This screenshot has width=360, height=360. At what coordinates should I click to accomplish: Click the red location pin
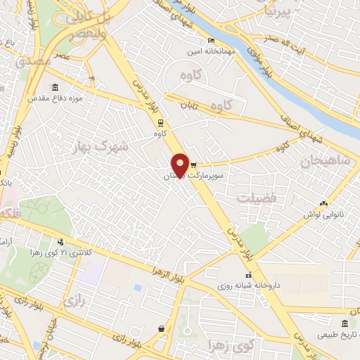pos(180,165)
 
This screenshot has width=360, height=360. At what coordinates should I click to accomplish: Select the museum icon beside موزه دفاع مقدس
pos(56,88)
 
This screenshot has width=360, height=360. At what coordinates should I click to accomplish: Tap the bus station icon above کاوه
pos(160,121)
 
